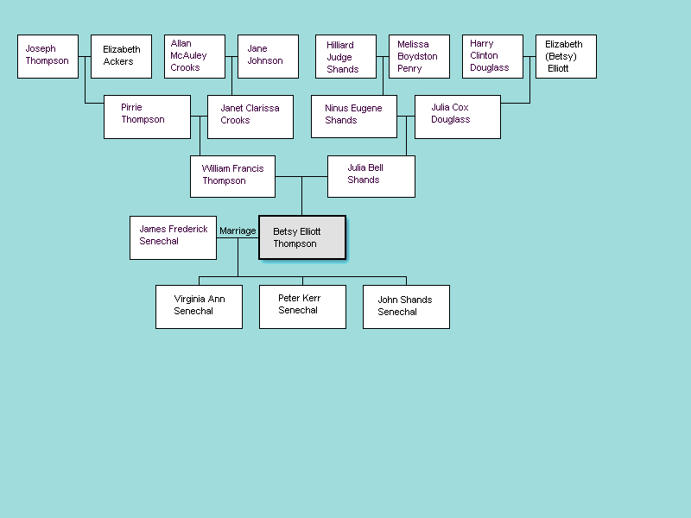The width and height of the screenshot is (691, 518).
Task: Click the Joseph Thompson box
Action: pos(48,56)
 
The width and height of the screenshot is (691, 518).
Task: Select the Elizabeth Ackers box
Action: pos(121,56)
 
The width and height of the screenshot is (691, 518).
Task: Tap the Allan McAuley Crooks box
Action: pos(194,56)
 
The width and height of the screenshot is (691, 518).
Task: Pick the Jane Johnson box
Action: pos(268,56)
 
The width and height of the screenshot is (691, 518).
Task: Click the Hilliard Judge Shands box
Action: pos(345,56)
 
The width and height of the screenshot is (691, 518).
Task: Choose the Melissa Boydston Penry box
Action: pos(419,56)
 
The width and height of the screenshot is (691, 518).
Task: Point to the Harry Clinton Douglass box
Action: pos(492,56)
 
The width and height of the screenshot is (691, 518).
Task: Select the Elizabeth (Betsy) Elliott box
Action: pos(566,56)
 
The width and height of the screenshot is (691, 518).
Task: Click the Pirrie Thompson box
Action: pos(147,117)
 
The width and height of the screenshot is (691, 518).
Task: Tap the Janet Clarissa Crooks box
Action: pos(250,117)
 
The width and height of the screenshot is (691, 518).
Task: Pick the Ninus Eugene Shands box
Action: pos(354,117)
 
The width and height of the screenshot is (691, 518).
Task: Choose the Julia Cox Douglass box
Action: pos(458,117)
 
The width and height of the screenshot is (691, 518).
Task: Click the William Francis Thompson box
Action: pos(233,176)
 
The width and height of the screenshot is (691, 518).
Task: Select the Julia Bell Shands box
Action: pos(371,176)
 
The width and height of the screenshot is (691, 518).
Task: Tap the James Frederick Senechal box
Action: pos(173,237)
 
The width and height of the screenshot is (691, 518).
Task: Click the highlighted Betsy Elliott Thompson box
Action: pos(302,237)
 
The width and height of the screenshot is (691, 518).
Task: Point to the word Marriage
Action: pos(238,231)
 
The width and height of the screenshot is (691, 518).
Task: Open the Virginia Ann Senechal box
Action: pos(199,306)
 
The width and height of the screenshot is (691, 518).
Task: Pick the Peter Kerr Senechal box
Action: pos(302,306)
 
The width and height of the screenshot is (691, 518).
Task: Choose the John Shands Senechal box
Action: pos(406,306)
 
